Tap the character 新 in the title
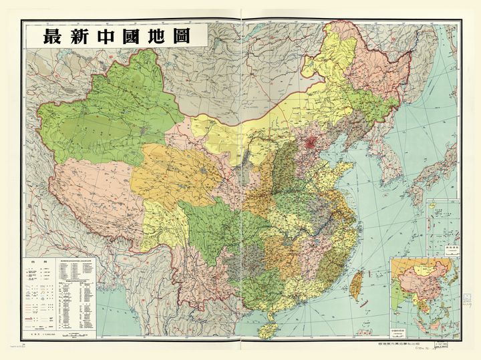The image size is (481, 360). [x=84, y=36]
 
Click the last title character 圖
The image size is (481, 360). [x=198, y=36]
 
